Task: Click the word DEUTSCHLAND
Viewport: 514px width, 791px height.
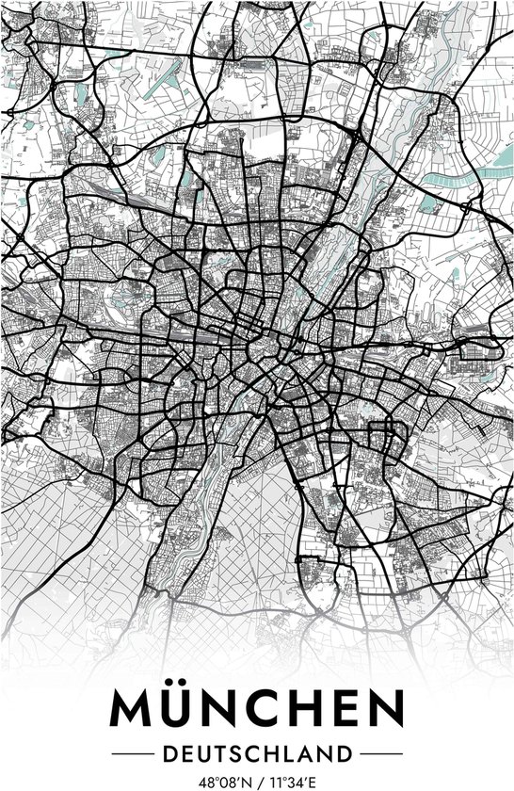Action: pos(257,752)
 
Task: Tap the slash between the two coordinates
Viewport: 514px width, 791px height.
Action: pos(257,781)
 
